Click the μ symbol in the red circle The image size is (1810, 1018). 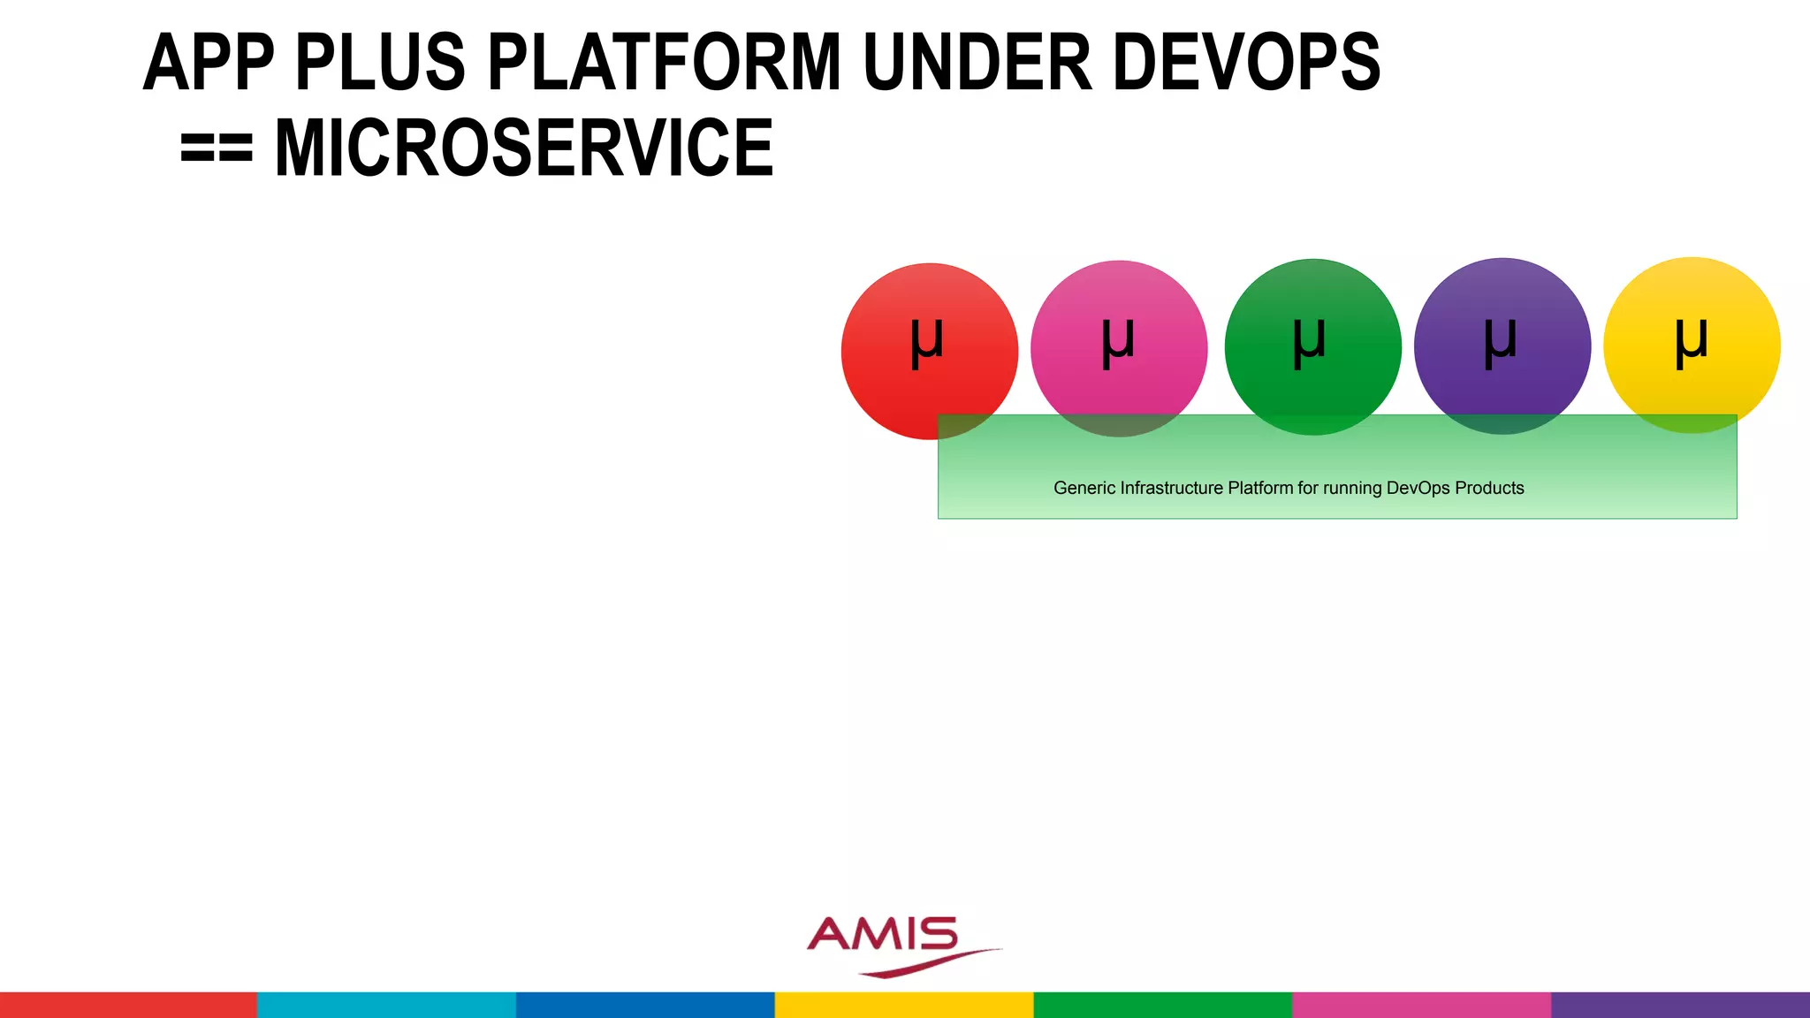pyautogui.click(x=927, y=343)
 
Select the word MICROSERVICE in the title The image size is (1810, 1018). pyautogui.click(x=524, y=148)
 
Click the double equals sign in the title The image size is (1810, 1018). pyautogui.click(x=217, y=148)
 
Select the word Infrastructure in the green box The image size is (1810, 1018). pyautogui.click(x=1172, y=488)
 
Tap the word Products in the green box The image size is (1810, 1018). pyautogui.click(x=1489, y=488)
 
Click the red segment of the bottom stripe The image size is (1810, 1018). pyautogui.click(x=128, y=1005)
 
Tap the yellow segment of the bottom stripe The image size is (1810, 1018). pyautogui.click(x=904, y=1005)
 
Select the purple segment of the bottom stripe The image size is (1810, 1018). pyautogui.click(x=1680, y=1005)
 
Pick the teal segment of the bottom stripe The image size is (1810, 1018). pyautogui.click(x=386, y=1005)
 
